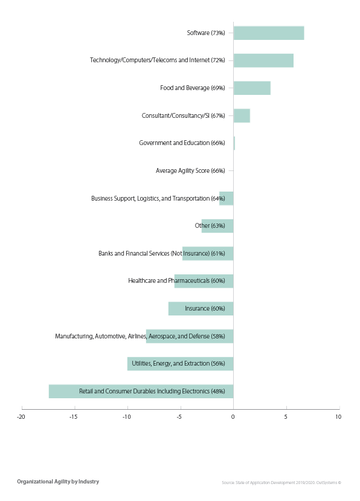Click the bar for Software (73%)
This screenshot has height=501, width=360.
click(268, 33)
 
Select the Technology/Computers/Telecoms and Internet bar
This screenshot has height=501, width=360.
click(263, 60)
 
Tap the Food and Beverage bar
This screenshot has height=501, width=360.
click(252, 88)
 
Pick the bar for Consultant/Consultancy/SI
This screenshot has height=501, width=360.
click(242, 115)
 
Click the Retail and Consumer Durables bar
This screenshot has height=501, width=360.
click(141, 391)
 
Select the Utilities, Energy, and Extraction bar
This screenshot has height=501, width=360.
click(180, 364)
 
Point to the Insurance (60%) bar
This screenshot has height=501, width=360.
click(201, 308)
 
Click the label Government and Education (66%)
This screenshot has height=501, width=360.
click(182, 143)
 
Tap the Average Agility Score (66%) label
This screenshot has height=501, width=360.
click(190, 171)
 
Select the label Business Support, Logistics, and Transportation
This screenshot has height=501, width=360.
click(158, 198)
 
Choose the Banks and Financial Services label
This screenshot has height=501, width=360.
click(161, 253)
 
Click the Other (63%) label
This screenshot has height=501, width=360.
click(210, 226)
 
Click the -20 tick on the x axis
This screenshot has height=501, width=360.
click(22, 416)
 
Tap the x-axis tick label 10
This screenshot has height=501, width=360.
click(338, 416)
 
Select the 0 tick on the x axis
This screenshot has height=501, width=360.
click(233, 416)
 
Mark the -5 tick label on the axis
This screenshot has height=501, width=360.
click(179, 416)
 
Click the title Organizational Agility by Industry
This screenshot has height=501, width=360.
click(58, 482)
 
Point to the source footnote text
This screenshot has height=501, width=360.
click(281, 482)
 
